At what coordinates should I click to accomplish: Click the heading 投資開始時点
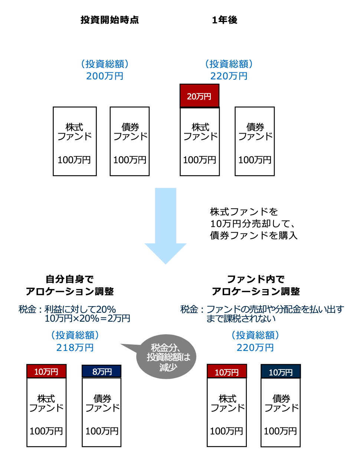[110, 20]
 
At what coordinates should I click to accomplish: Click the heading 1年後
[225, 20]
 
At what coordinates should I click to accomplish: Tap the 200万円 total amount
[105, 76]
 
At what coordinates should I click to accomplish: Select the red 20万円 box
[199, 96]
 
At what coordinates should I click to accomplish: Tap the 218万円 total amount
[75, 348]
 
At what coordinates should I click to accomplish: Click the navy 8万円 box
[102, 371]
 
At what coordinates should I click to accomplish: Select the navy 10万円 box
[281, 372]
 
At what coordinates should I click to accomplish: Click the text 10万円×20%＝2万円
[87, 318]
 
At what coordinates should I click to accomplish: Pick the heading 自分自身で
[69, 279]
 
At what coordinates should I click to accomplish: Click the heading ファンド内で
[256, 279]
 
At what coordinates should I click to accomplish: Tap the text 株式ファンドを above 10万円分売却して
[244, 212]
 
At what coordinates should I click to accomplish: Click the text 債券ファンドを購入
[253, 236]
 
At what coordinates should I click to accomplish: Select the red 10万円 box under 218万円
[46, 371]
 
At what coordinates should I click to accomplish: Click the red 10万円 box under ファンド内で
[227, 372]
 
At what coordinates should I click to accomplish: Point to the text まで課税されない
[241, 318]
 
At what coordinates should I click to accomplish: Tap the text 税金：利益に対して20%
[67, 309]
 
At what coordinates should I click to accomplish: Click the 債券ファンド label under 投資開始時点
[130, 132]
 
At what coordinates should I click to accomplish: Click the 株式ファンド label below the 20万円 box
[200, 132]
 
